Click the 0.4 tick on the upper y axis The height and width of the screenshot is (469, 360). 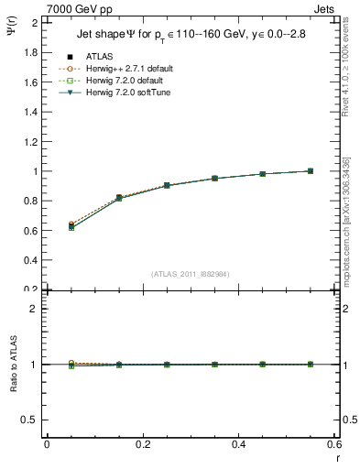(x=30, y=260)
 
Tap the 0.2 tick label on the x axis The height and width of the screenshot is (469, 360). (x=142, y=445)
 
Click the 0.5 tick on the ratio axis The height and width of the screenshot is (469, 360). (x=30, y=420)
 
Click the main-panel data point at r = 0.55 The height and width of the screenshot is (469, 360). (x=311, y=170)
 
